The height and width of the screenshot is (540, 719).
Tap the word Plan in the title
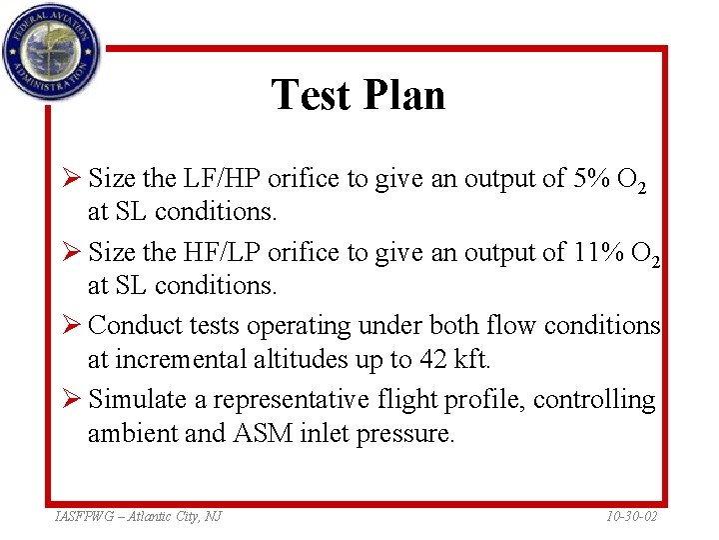[x=403, y=95]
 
